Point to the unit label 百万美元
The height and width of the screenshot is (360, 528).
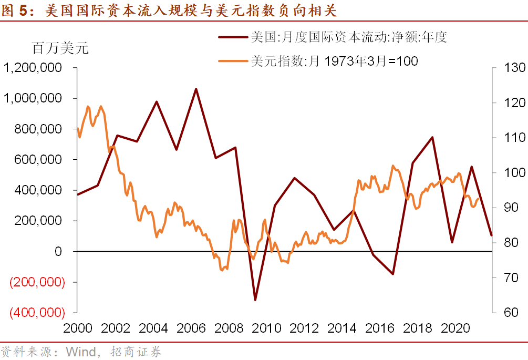(x=60, y=49)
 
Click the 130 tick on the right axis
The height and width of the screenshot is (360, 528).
(x=507, y=68)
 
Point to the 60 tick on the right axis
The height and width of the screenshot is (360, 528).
(x=504, y=312)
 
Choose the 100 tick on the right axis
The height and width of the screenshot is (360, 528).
(x=507, y=172)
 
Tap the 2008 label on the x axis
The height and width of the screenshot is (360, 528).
(x=230, y=328)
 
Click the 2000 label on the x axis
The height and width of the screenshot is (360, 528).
(x=77, y=328)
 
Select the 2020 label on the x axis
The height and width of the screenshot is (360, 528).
(x=455, y=328)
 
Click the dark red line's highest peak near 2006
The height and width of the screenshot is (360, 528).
(x=196, y=89)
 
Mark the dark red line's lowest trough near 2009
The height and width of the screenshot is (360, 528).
(x=255, y=300)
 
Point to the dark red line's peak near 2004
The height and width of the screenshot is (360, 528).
(x=157, y=101)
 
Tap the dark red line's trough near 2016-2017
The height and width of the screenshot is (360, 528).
(x=392, y=274)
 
